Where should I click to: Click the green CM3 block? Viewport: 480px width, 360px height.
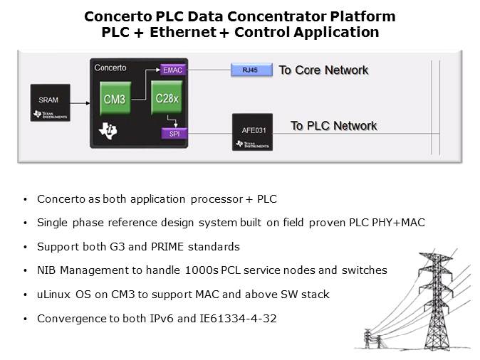click(x=115, y=98)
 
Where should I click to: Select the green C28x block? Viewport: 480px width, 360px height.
click(x=167, y=98)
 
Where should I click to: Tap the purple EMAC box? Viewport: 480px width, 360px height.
click(x=173, y=70)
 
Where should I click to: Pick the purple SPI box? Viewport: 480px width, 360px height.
click(x=174, y=134)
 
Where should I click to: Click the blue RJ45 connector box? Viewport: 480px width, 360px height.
click(x=251, y=70)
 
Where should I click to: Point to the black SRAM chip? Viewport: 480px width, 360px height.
click(x=50, y=102)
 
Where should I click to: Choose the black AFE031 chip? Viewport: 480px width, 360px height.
click(x=252, y=132)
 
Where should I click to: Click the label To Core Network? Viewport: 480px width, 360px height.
click(x=323, y=70)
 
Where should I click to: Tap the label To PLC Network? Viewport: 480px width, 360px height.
click(x=334, y=126)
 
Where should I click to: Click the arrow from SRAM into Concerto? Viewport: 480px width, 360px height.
click(x=80, y=103)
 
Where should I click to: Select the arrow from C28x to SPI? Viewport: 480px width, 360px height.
click(x=173, y=120)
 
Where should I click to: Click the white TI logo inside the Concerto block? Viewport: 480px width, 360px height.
click(x=108, y=131)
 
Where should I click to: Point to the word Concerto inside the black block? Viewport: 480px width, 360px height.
click(x=110, y=68)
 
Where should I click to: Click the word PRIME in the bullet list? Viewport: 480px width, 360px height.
click(x=167, y=247)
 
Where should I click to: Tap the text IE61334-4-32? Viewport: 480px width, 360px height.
click(x=238, y=319)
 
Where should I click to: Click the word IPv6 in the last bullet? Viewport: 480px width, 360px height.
click(x=162, y=319)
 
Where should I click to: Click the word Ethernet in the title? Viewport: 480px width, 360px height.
click(x=183, y=32)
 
